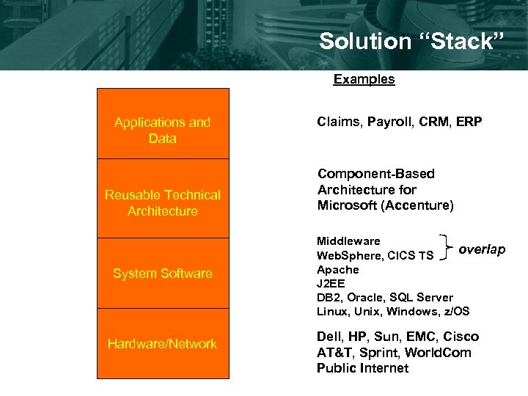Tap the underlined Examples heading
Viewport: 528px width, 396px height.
pos(364,79)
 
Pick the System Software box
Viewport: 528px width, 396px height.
pos(163,274)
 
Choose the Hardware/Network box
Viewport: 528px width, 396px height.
pos(163,344)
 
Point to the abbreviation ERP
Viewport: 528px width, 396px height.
pos(469,122)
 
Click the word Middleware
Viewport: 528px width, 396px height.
pos(348,241)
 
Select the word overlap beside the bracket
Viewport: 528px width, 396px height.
pos(482,250)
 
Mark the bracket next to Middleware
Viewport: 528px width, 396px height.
pos(444,247)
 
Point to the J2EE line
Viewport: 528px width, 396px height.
pos(331,283)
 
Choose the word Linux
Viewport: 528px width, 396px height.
pos(332,311)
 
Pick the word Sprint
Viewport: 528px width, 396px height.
pos(377,353)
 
